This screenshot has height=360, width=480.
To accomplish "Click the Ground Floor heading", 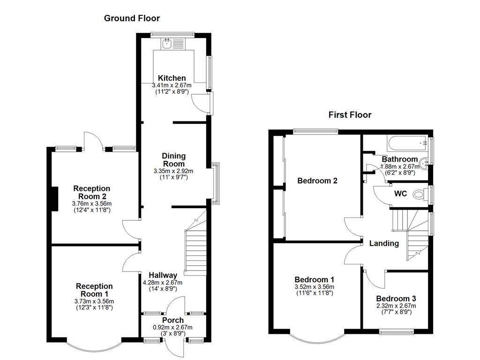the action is [132, 18].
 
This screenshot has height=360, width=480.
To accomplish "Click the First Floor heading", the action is [350, 115].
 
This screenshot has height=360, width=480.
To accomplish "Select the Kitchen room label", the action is [172, 78].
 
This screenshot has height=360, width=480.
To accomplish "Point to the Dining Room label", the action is [173, 160].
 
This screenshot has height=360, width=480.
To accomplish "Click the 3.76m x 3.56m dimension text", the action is [92, 203].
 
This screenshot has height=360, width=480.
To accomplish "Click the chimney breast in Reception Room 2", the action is [54, 199].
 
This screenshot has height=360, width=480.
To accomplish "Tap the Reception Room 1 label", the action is [94, 290].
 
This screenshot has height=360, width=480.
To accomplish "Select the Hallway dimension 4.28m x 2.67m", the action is [163, 283].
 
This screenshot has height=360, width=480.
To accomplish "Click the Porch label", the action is [173, 320].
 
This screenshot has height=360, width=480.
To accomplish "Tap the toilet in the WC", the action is [420, 194].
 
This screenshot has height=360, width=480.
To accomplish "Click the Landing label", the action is [384, 243].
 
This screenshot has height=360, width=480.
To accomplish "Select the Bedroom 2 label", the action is [317, 180].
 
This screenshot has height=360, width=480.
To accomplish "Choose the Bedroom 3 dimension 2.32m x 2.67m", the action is [396, 306].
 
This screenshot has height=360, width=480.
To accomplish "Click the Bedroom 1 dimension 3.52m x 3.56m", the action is [315, 287].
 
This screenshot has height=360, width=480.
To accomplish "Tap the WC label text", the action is [400, 194].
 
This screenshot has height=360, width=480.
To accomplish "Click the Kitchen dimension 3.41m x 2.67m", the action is [172, 85].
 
